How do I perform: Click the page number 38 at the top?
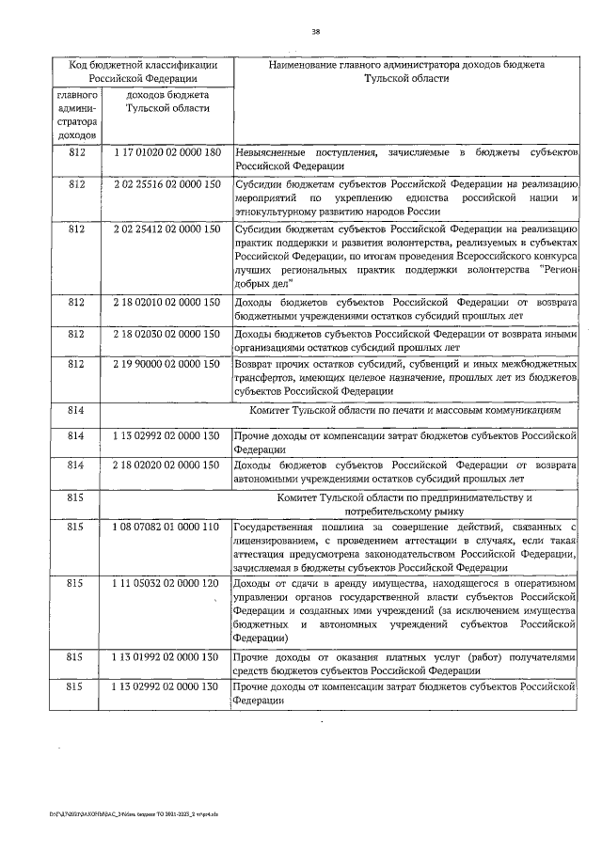tap(315, 33)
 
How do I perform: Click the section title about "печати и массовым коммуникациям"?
tap(405, 411)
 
